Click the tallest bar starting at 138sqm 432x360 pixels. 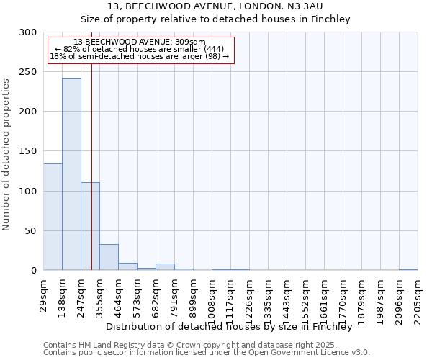click(71, 174)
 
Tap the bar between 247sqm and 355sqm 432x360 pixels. click(90, 226)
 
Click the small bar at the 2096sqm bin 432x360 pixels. click(408, 269)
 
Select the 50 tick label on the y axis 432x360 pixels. click(30, 231)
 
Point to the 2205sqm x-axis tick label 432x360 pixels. click(418, 299)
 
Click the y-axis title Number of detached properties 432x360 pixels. click(7, 155)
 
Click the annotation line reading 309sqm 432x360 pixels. click(140, 42)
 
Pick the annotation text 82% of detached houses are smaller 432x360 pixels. click(140, 49)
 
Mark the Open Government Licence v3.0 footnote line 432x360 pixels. click(206, 353)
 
